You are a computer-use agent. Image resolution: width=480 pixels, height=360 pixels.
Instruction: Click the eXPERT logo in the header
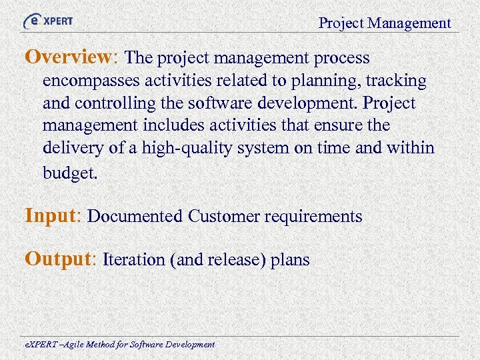click(48, 21)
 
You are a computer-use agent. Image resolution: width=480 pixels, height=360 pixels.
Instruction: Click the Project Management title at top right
click(385, 23)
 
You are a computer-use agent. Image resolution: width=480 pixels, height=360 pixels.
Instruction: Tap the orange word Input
click(51, 215)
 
